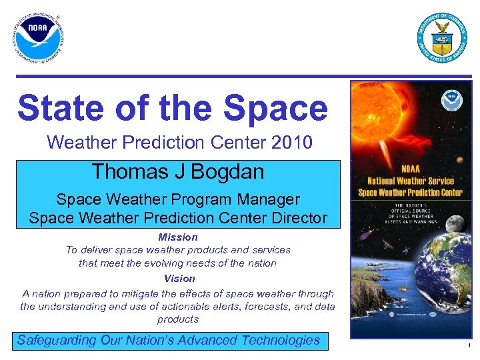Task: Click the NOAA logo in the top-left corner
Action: [x=39, y=37]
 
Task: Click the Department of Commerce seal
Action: [x=441, y=38]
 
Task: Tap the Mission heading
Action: [x=178, y=237]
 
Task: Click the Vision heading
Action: [x=179, y=278]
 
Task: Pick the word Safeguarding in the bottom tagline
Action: [x=57, y=340]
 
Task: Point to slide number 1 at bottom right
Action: [x=469, y=346]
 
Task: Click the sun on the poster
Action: [x=380, y=113]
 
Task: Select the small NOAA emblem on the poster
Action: [x=450, y=101]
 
